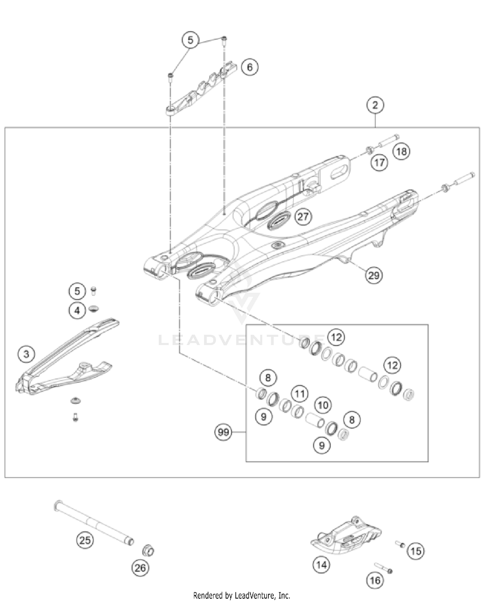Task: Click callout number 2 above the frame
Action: tap(375, 105)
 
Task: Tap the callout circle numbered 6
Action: tap(249, 67)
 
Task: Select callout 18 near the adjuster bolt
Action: tap(402, 151)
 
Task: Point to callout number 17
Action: tap(379, 162)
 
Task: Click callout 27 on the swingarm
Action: tap(303, 216)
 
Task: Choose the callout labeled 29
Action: tap(374, 275)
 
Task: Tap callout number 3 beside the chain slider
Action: tap(26, 354)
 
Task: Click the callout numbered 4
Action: tap(77, 311)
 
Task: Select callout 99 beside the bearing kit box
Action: tap(223, 432)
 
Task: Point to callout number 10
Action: tap(323, 405)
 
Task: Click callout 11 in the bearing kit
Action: tap(300, 394)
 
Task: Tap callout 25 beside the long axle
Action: tap(85, 540)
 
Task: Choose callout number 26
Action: tap(140, 567)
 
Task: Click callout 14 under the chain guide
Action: tap(321, 565)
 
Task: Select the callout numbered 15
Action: tap(416, 551)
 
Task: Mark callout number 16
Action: tap(375, 580)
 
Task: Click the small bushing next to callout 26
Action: tap(148, 550)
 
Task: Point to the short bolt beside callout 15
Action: tap(400, 544)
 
